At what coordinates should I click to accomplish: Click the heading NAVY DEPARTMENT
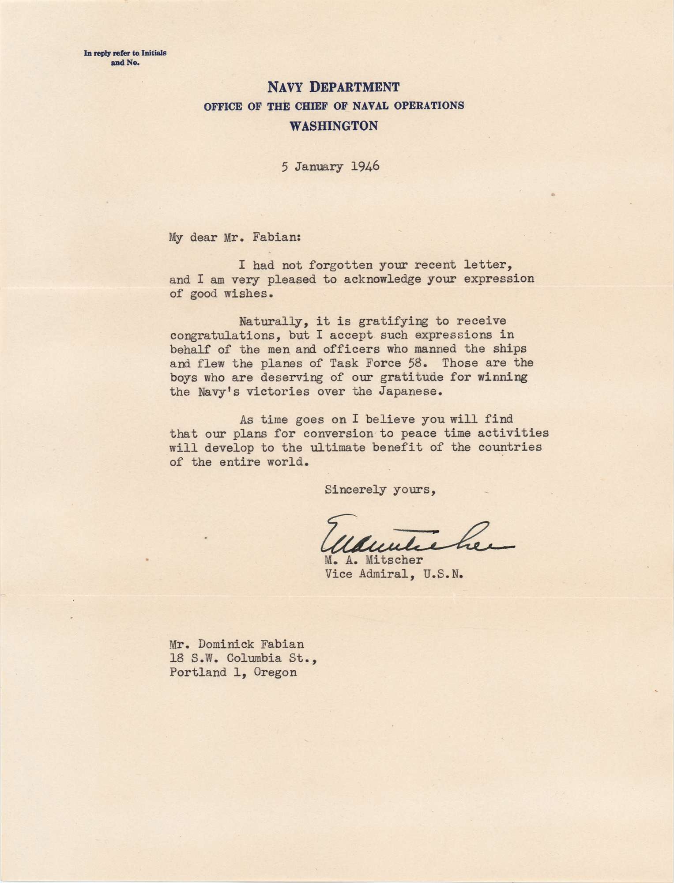333,87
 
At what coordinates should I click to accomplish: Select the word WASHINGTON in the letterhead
333,126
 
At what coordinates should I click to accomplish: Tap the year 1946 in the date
365,166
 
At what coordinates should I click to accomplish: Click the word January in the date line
319,167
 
